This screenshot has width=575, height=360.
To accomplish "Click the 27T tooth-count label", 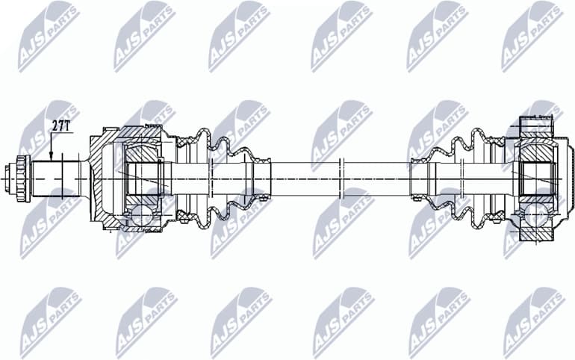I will tap(60, 125).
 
